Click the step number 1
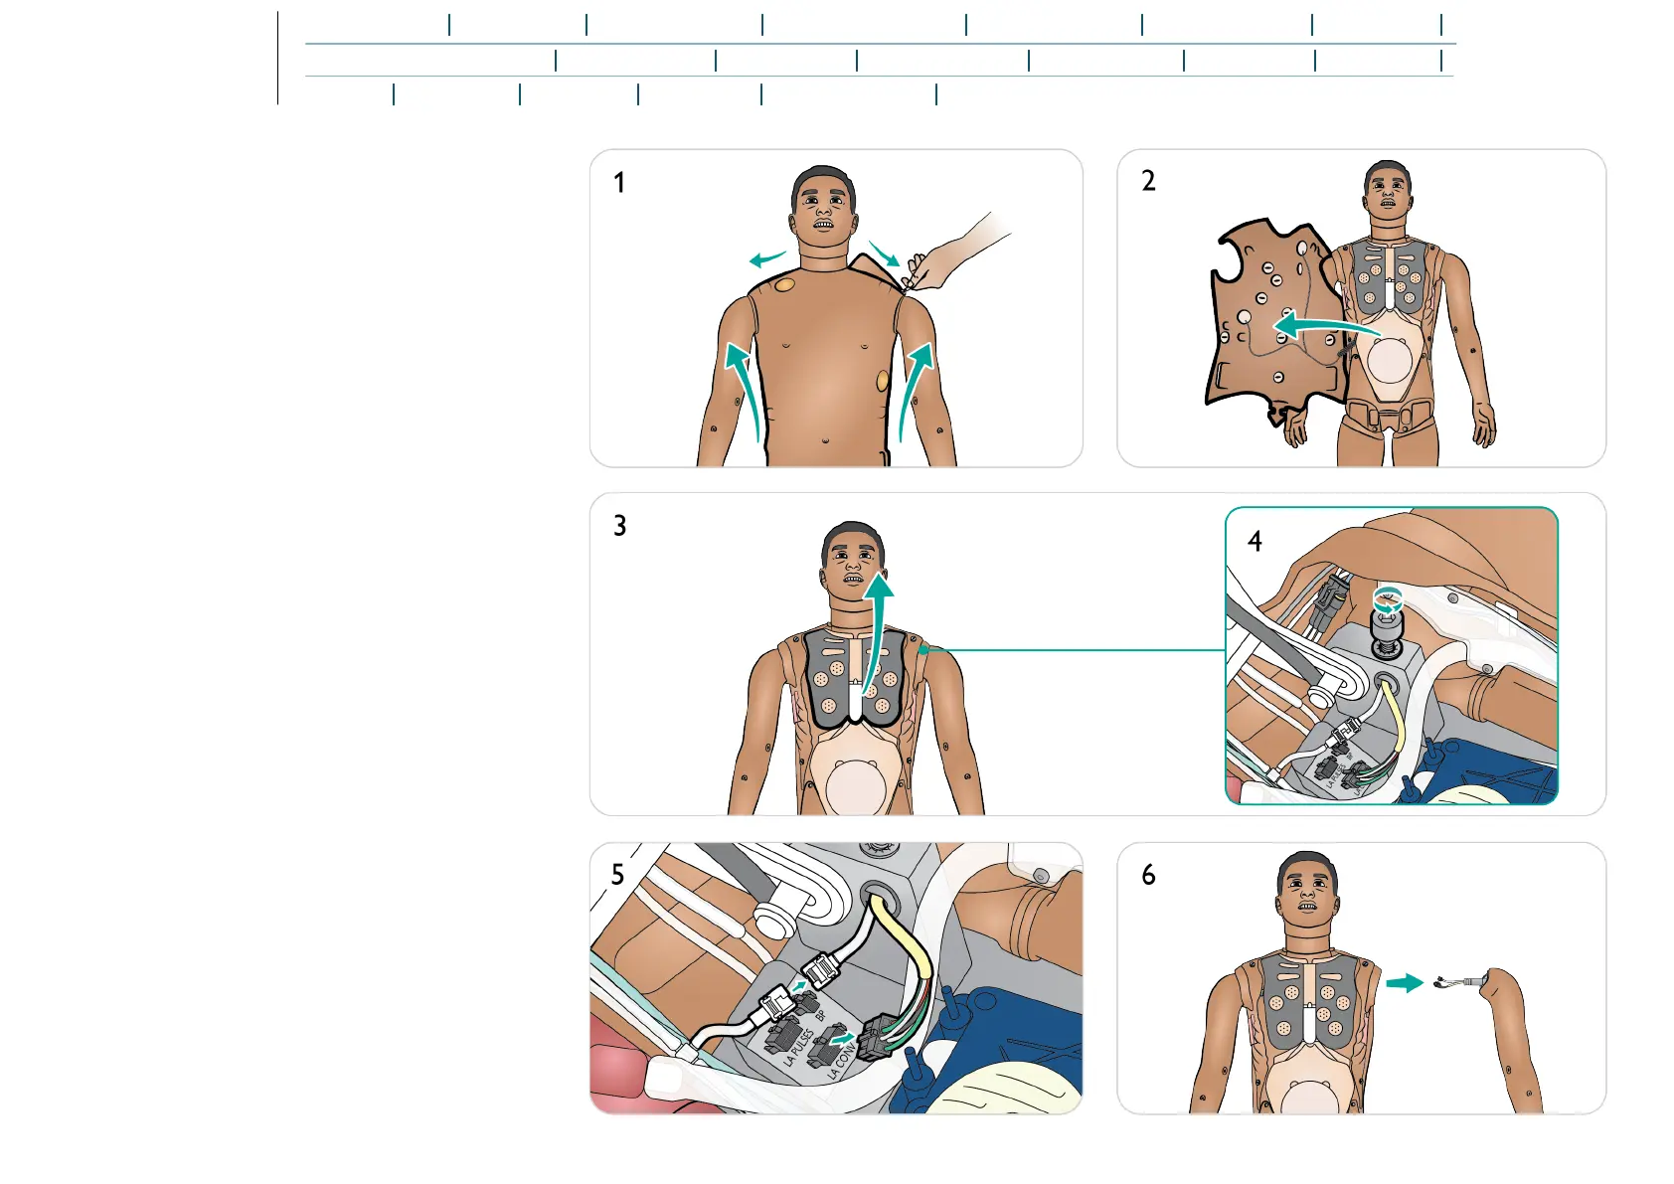point(619,183)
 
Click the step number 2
point(1148,181)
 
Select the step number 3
point(619,526)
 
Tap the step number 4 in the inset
point(1255,541)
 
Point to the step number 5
point(617,875)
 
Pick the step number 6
point(1148,875)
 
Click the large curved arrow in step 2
point(1322,326)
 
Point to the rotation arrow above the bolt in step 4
point(1387,599)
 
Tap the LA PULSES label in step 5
point(796,1049)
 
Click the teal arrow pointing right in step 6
point(1405,982)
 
